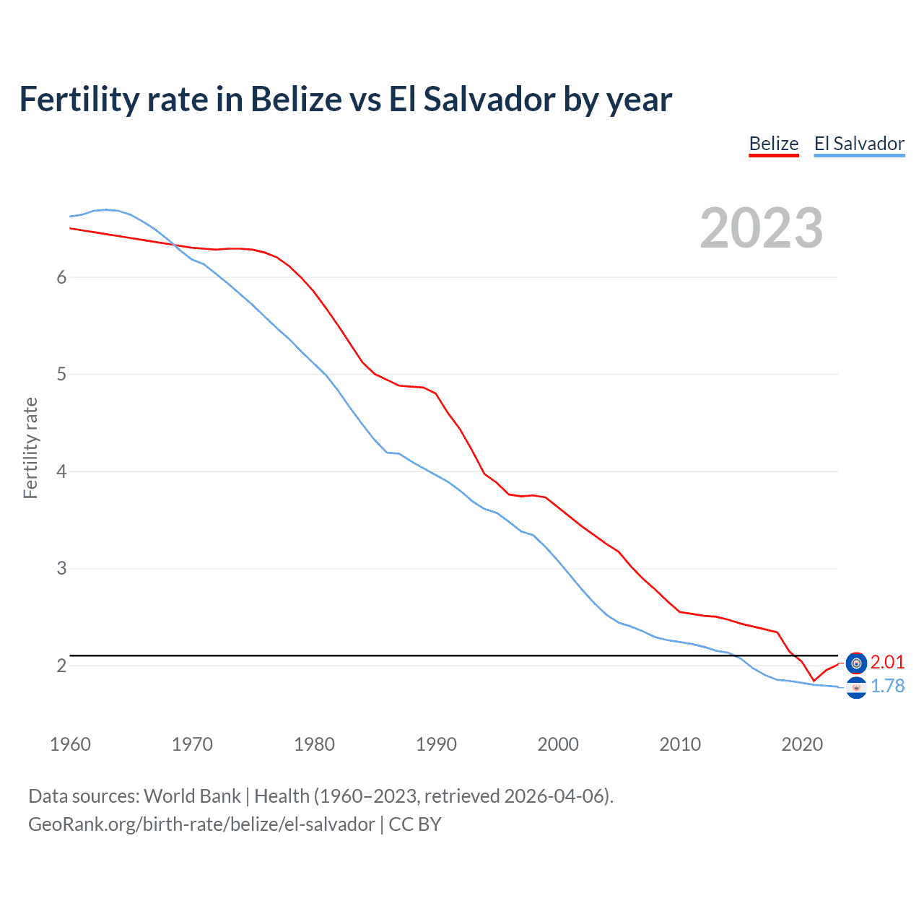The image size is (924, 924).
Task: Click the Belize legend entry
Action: point(773,144)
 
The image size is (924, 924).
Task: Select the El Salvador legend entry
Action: point(859,144)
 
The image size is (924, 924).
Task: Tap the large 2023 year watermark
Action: point(761,228)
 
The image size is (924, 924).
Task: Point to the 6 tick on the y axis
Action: point(61,277)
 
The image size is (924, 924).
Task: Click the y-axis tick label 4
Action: point(61,471)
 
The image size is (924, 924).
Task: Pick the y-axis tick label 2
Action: point(61,666)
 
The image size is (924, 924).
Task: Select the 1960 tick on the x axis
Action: point(70,744)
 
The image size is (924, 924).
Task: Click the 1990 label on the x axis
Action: point(436,744)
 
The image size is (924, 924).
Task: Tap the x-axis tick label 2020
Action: point(802,744)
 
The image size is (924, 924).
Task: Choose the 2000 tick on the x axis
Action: point(558,744)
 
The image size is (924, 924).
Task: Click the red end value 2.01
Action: point(887,662)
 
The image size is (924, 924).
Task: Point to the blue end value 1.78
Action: point(887,686)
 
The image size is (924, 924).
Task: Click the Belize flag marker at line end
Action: point(856,663)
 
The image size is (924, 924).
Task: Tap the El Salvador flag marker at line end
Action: point(856,688)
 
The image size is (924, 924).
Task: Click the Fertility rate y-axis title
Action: point(30,448)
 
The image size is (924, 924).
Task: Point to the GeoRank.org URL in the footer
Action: point(201,824)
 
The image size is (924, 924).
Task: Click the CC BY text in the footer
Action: point(415,824)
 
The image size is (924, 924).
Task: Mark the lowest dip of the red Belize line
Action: point(814,680)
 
